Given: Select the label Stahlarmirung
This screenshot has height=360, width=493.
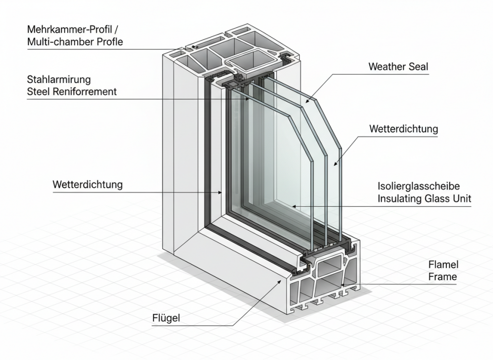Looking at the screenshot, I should [x=58, y=79].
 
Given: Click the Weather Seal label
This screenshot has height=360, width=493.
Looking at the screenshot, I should [x=398, y=67].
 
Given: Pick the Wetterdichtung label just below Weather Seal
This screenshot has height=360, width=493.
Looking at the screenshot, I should [x=403, y=129].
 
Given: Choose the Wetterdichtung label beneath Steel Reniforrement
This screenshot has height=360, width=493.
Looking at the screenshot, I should [x=87, y=185].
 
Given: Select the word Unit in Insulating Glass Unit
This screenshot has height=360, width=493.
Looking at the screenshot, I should [x=461, y=199].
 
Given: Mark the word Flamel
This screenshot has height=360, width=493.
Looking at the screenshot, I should [x=443, y=265].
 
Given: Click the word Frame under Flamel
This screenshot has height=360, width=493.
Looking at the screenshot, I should [x=442, y=277].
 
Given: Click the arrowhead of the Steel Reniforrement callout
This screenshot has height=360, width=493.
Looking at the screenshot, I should [x=248, y=99].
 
